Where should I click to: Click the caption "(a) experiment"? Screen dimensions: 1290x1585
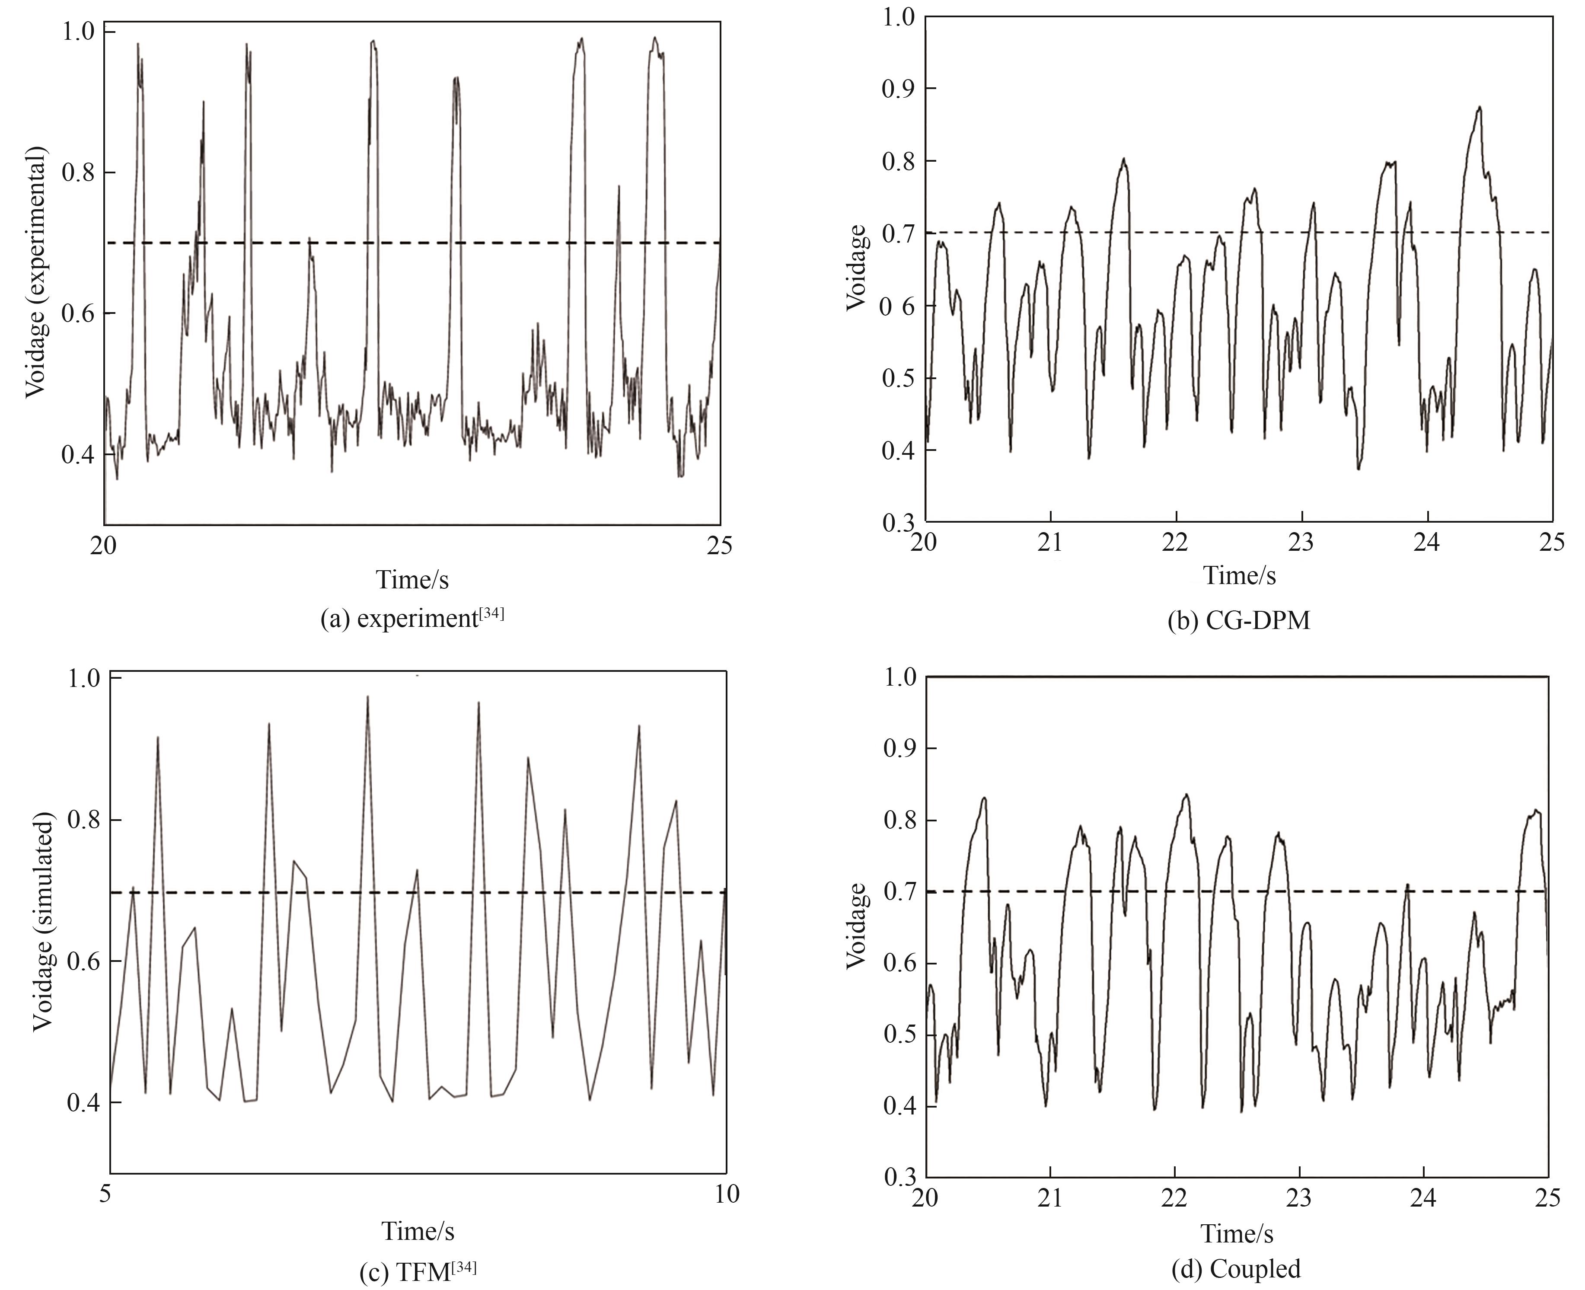411,619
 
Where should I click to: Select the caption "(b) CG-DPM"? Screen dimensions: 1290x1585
1239,620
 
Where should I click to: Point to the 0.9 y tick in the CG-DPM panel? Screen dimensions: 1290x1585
898,89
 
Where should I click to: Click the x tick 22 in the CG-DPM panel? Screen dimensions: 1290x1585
1176,543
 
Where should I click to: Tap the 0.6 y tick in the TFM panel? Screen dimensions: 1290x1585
83,961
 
